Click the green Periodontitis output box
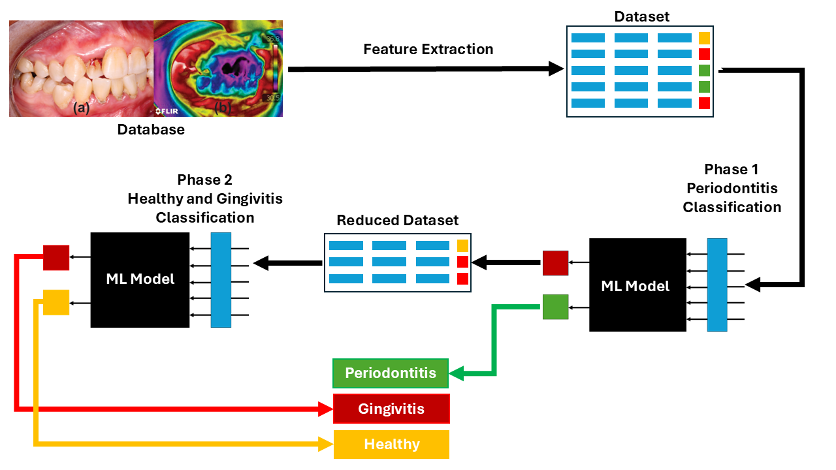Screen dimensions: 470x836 pos(391,373)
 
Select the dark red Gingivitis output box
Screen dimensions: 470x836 pos(391,409)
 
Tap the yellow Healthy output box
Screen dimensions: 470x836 pos(391,444)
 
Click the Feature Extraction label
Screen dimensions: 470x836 pos(428,50)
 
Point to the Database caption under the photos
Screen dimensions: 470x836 pos(151,129)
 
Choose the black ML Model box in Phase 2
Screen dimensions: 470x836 pos(140,279)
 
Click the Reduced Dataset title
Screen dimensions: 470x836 pos(398,221)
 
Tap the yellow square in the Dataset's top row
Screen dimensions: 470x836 pos(704,38)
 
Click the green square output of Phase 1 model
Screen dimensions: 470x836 pos(555,307)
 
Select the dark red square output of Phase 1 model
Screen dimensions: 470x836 pos(555,263)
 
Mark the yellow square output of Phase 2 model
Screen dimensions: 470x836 pos(56,302)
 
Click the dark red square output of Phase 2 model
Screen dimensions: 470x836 pos(56,258)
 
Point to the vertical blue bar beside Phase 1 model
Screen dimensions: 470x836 pos(717,285)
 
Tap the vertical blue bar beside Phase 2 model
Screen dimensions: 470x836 pos(221,279)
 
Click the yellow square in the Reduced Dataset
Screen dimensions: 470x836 pos(462,246)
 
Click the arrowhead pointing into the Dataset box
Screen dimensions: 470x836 pos(556,69)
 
